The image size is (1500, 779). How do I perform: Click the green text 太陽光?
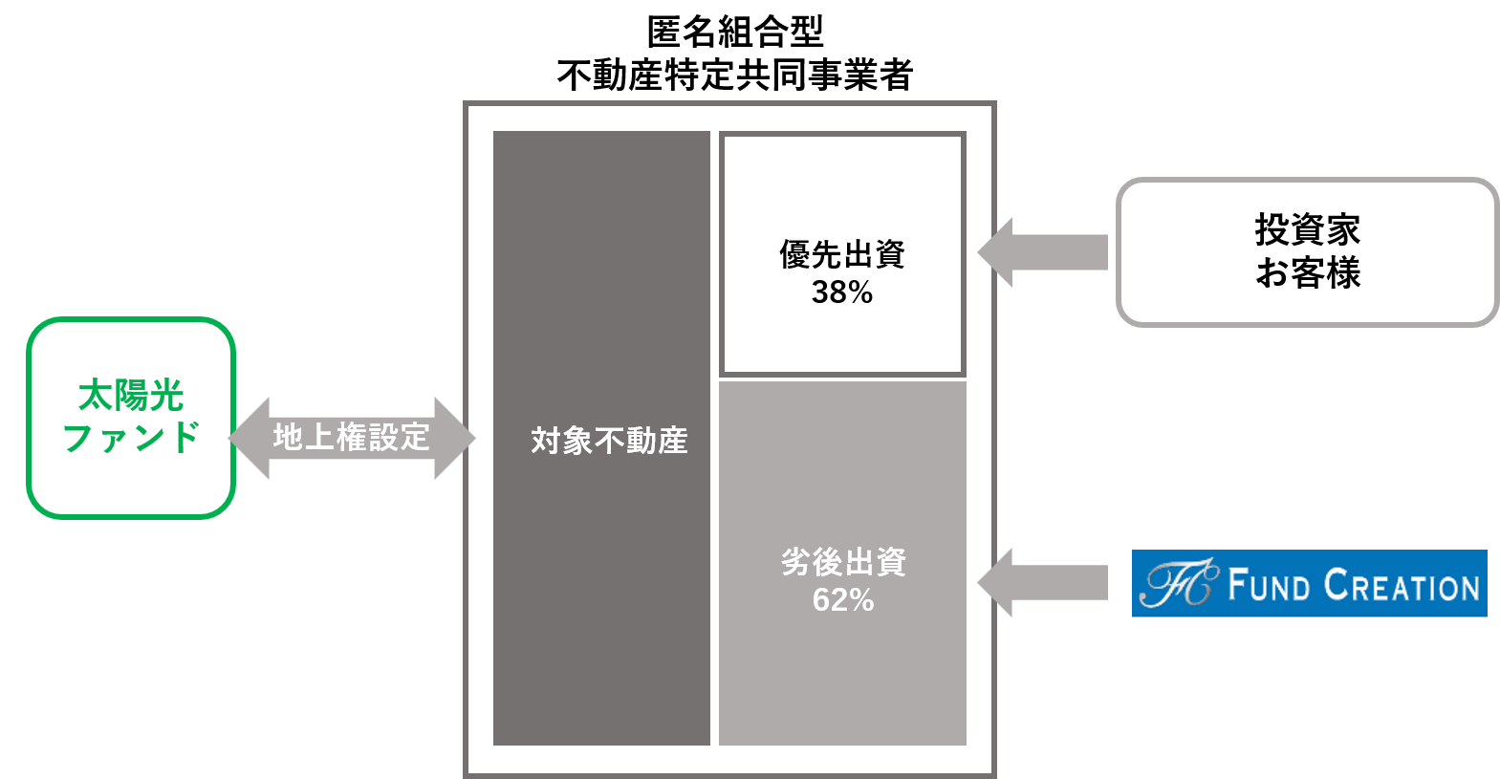coord(130,395)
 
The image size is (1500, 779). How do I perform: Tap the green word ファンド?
coord(130,438)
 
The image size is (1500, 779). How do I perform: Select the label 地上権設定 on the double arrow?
coord(351,438)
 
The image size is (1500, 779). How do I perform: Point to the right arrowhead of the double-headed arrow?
coord(455,438)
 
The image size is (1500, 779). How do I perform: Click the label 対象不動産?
coord(609,441)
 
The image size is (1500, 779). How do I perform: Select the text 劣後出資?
coord(842,562)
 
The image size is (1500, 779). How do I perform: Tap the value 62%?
coord(842,600)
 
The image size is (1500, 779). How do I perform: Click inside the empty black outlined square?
coord(842,253)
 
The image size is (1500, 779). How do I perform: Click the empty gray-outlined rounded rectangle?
coord(1307,252)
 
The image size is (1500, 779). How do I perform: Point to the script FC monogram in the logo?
coord(1179,583)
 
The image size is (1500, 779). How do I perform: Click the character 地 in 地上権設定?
coord(288,438)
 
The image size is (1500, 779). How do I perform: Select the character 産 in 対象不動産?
coord(672,441)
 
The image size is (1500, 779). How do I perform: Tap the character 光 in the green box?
coord(167,395)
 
